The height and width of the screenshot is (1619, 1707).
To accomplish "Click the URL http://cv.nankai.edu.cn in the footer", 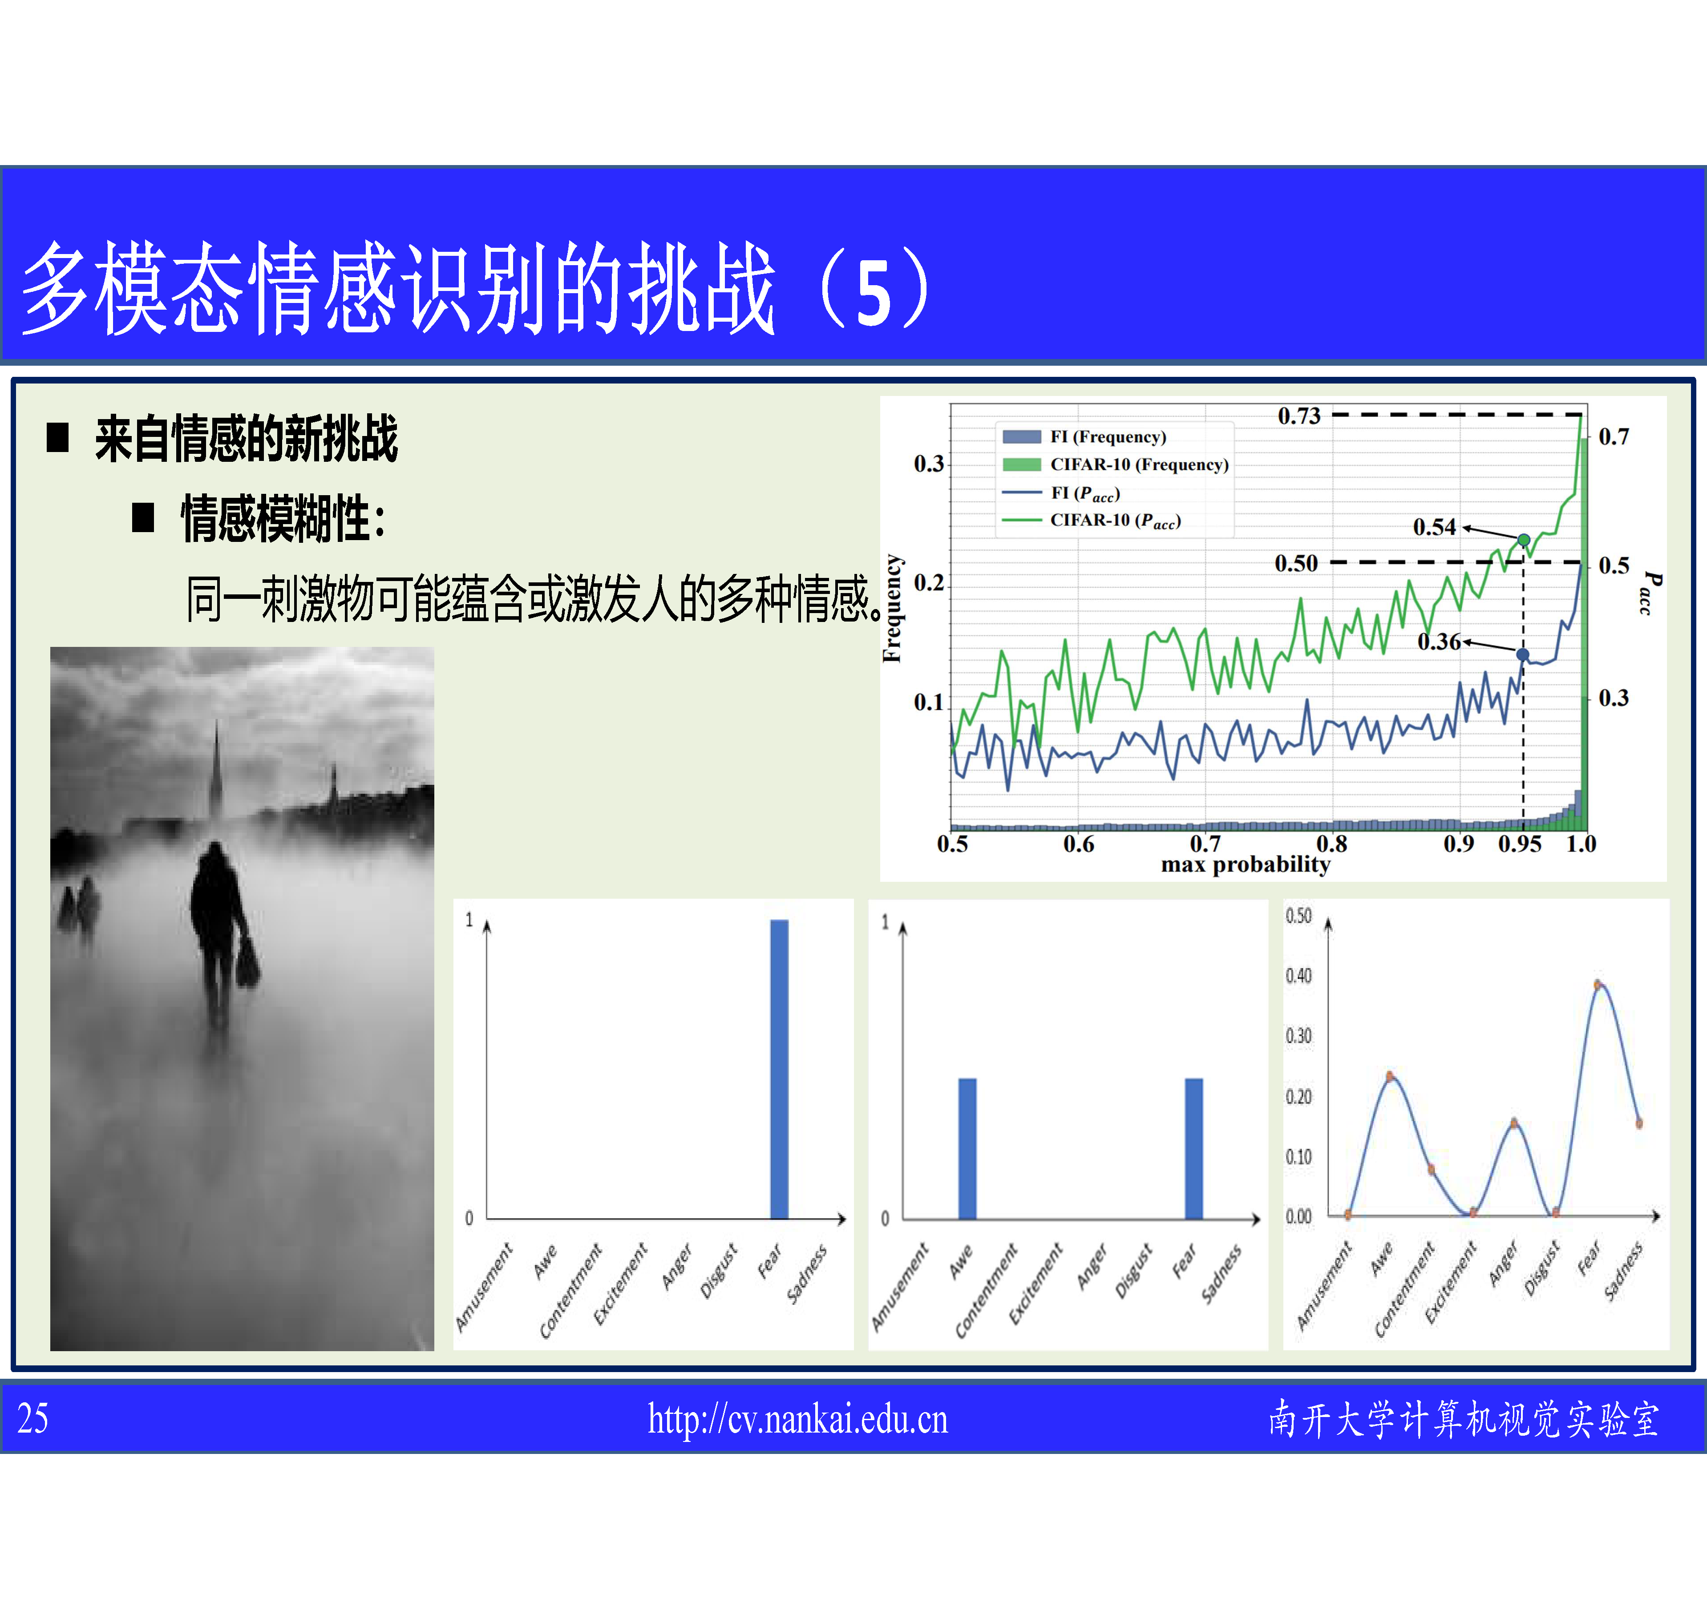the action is (797, 1420).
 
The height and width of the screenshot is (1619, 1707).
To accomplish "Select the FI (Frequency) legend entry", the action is (1084, 437).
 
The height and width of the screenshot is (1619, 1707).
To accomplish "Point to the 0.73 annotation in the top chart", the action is (1299, 416).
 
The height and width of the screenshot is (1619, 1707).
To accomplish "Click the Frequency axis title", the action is (892, 609).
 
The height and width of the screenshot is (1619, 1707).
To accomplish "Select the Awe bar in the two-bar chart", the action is (967, 1149).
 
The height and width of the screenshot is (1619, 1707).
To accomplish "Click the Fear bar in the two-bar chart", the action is (1193, 1149).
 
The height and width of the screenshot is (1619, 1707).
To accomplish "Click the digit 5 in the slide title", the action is (874, 294).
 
